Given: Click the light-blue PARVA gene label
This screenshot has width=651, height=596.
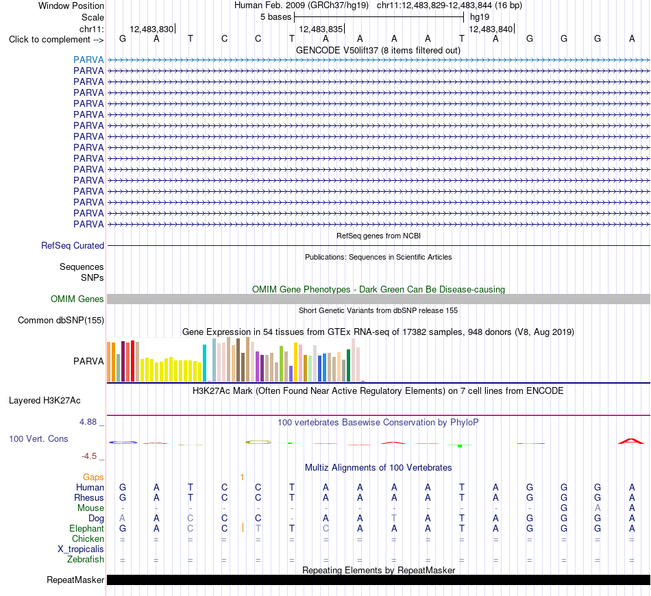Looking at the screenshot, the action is [x=88, y=60].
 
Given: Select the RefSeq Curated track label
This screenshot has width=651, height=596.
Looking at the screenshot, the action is [x=73, y=245].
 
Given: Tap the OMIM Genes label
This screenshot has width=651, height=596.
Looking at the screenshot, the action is [x=77, y=299].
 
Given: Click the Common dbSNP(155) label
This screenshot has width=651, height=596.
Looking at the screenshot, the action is [x=61, y=320].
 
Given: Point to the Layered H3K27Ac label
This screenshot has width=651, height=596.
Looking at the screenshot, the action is [x=45, y=401].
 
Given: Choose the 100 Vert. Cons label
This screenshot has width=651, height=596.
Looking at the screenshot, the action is [x=38, y=438].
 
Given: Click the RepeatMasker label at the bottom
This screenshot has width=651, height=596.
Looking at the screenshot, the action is [x=75, y=580].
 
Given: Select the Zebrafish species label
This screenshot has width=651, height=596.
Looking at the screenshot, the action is [x=86, y=559].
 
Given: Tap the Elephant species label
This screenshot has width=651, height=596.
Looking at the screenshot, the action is [x=87, y=528].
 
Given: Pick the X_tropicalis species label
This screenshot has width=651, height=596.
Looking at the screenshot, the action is [x=81, y=549].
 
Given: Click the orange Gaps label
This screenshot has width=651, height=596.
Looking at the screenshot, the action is [x=93, y=477].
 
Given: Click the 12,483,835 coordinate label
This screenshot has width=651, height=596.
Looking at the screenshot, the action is [x=321, y=29].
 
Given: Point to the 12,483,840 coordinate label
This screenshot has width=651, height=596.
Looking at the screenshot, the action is [x=491, y=29].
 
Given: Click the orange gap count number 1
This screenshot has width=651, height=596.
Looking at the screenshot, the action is [x=242, y=477].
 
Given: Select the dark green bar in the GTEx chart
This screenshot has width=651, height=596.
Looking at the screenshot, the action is [x=349, y=365].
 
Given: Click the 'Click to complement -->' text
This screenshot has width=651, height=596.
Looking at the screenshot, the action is [x=56, y=40].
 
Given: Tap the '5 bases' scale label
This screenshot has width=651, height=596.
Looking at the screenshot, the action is [x=276, y=17].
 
